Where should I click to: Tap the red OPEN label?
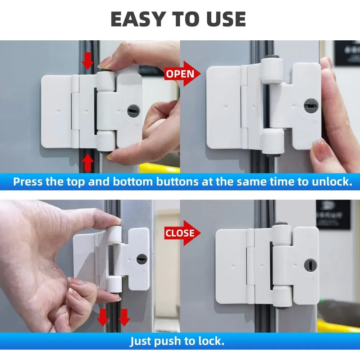[x=180, y=74]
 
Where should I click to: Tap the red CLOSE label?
[x=180, y=233]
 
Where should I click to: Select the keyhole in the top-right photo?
[x=311, y=105]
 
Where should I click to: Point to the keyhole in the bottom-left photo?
[x=142, y=258]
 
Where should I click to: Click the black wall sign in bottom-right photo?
[x=333, y=214]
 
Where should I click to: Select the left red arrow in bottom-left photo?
[x=103, y=317]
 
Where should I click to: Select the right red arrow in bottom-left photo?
[x=124, y=317]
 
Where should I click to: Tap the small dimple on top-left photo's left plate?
[x=59, y=107]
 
